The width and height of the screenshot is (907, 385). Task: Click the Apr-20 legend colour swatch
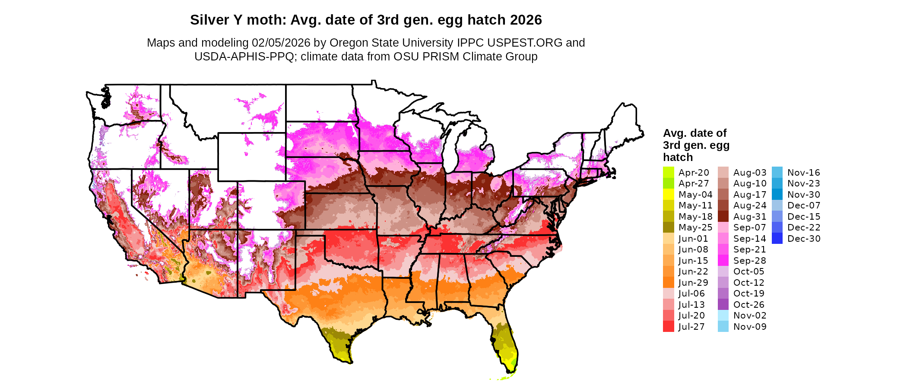(668, 172)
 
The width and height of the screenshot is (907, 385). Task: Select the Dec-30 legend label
(804, 239)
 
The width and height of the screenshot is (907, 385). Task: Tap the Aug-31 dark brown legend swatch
(723, 217)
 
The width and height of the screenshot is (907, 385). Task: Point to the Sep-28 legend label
(749, 261)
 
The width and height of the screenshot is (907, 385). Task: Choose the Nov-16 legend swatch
(777, 172)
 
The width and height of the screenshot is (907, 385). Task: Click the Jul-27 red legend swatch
(668, 327)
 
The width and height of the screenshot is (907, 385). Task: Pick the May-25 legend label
(695, 227)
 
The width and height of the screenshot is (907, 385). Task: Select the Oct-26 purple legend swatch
(723, 305)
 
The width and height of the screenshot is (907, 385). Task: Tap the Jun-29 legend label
(693, 283)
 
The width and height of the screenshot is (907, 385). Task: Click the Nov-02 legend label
(750, 316)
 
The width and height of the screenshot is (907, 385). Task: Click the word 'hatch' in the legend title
(678, 157)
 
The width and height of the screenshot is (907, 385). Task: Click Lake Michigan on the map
(452, 147)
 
